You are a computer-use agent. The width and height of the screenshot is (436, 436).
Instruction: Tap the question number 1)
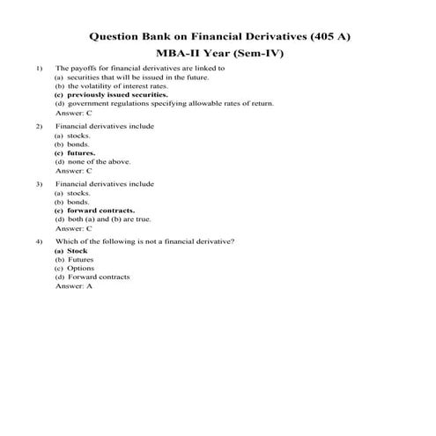(x=39, y=68)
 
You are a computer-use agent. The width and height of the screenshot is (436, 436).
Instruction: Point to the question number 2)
(x=39, y=127)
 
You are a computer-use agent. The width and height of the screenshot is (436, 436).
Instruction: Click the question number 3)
(x=39, y=184)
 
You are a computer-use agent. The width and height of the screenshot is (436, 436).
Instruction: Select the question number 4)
(x=39, y=241)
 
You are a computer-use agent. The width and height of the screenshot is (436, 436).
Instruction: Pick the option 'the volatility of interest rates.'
(x=105, y=86)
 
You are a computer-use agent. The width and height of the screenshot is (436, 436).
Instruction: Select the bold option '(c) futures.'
(x=75, y=153)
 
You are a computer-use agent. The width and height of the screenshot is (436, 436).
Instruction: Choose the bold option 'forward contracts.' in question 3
(x=94, y=211)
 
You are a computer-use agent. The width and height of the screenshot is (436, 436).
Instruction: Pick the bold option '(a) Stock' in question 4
(x=71, y=251)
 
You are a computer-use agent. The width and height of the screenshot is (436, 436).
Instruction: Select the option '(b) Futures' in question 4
(x=74, y=260)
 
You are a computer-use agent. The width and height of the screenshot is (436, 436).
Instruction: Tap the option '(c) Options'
(x=74, y=269)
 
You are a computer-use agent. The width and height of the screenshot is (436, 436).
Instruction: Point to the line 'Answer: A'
(x=74, y=287)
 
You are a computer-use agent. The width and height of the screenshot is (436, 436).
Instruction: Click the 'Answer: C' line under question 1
(x=74, y=114)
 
